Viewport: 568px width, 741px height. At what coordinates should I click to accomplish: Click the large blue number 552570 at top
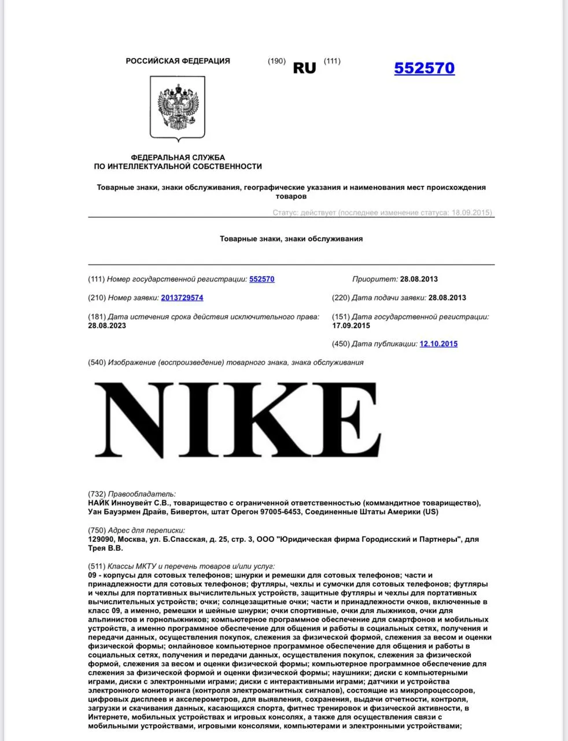click(424, 68)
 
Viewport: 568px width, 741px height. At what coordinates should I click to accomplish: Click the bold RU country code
click(304, 68)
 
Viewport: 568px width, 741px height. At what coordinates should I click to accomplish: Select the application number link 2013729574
click(182, 298)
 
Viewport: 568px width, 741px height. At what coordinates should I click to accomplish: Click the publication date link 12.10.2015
click(438, 344)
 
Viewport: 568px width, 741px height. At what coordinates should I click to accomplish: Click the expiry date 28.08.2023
click(107, 325)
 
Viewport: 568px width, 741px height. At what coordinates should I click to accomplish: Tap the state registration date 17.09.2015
click(351, 325)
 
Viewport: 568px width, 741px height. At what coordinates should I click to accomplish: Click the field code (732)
click(97, 494)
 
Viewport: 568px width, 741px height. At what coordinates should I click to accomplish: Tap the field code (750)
click(97, 530)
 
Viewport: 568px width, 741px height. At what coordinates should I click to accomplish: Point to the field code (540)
click(97, 362)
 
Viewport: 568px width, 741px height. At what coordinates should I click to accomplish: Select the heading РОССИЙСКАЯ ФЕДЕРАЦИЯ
click(178, 61)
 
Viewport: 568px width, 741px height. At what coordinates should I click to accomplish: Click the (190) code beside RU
click(276, 61)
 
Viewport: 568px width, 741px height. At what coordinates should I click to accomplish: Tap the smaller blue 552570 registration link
click(261, 279)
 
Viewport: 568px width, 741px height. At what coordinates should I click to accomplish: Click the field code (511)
click(97, 566)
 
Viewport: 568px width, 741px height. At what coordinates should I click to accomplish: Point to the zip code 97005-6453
click(281, 512)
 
